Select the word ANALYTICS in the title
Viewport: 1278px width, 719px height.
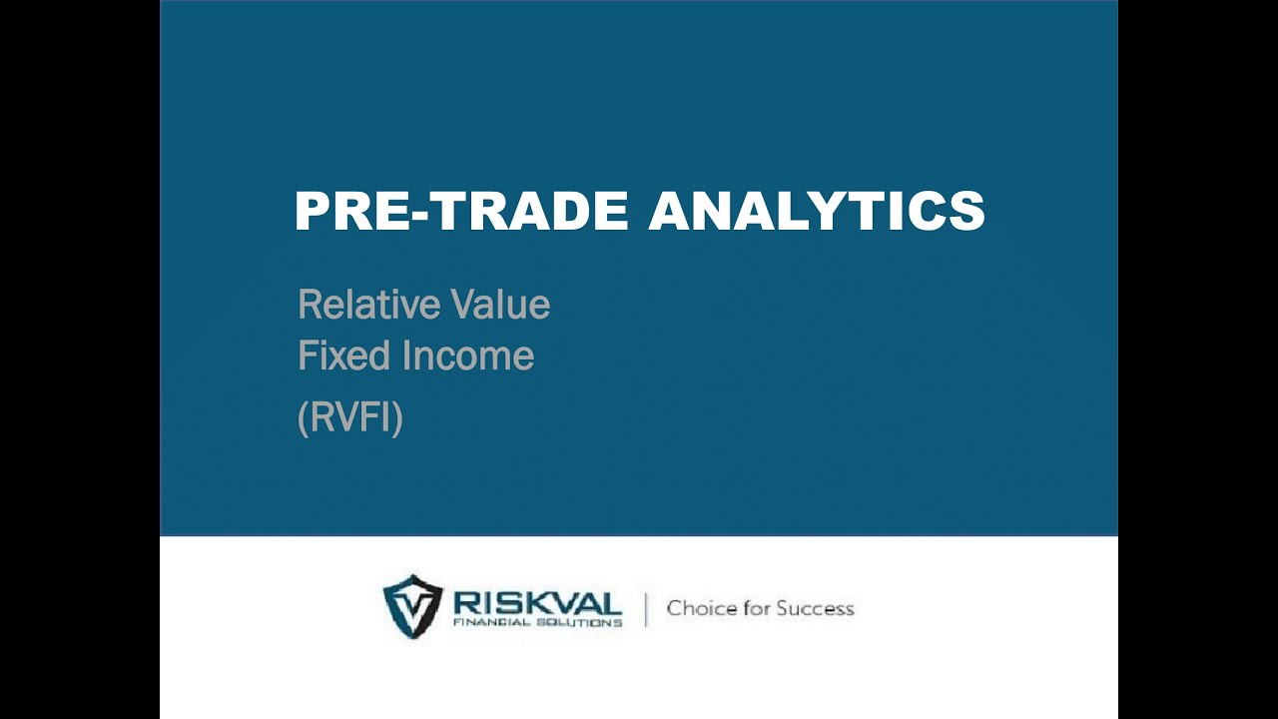[x=817, y=212]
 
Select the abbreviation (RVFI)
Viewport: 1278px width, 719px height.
[x=350, y=417]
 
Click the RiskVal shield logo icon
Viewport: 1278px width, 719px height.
[x=412, y=606]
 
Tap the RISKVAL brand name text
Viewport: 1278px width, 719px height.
[x=537, y=603]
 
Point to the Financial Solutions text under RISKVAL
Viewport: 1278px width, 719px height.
[x=537, y=622]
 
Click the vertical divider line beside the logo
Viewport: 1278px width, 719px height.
[x=645, y=609]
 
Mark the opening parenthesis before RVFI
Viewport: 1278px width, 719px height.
[x=303, y=417]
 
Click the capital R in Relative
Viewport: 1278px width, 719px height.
[x=309, y=305]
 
